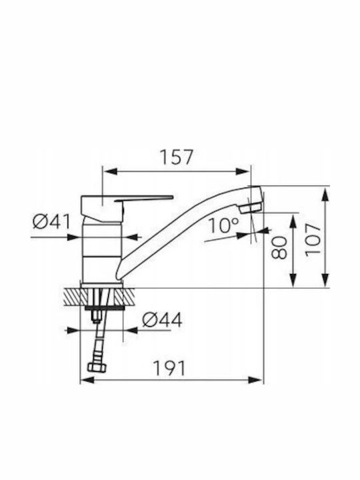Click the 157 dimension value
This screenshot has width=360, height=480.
click(x=177, y=157)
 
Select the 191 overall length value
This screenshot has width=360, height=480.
click(x=169, y=368)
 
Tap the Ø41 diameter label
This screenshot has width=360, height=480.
click(x=51, y=221)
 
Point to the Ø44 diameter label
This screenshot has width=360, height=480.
click(x=162, y=320)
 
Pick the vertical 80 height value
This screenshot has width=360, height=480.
click(x=280, y=247)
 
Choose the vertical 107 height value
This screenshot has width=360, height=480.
click(x=313, y=240)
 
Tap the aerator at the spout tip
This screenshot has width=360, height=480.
click(x=251, y=208)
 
